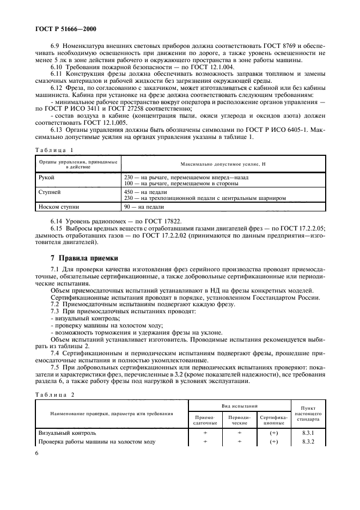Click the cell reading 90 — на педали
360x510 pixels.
pos(144,207)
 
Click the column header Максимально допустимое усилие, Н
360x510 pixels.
pos(223,163)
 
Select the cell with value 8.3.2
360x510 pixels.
pos(308,441)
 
